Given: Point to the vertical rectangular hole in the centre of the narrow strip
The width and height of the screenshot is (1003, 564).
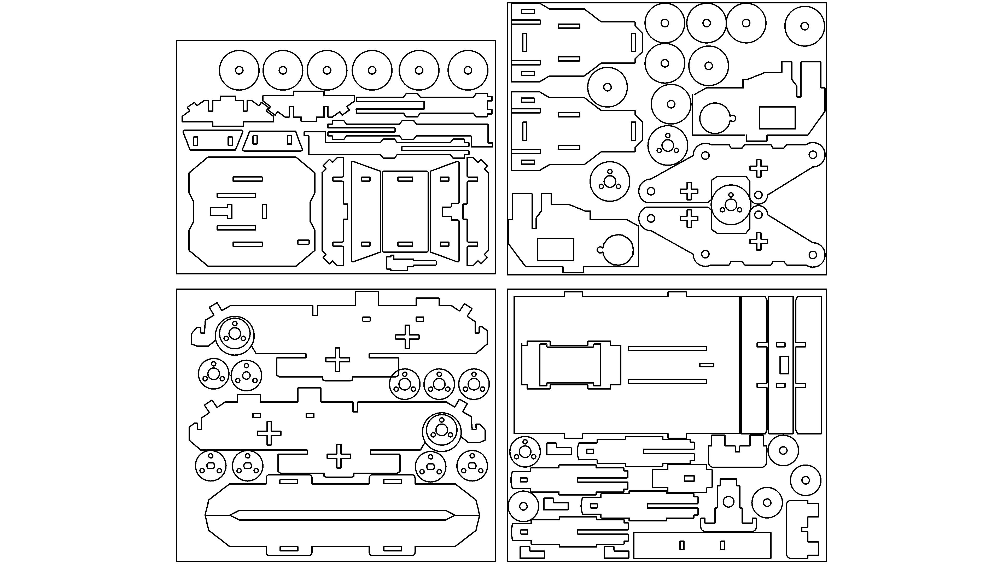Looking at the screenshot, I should [x=784, y=365].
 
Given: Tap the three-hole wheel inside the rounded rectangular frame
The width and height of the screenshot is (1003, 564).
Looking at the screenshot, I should [x=731, y=204].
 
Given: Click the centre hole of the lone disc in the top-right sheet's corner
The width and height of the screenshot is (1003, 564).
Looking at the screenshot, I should [x=804, y=26].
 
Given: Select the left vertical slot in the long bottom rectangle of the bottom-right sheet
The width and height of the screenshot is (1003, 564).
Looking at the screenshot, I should [x=681, y=545].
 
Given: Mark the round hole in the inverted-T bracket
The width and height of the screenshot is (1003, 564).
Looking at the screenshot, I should [x=728, y=502].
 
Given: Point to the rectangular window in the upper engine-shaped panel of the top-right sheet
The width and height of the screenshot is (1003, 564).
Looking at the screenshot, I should [x=777, y=118].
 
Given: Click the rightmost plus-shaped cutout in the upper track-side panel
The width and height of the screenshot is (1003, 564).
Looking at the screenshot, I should [x=407, y=337].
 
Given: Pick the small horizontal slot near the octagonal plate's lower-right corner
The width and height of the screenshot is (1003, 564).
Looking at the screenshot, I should [x=303, y=242].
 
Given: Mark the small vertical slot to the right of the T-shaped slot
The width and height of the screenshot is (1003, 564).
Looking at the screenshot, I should [x=264, y=211].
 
